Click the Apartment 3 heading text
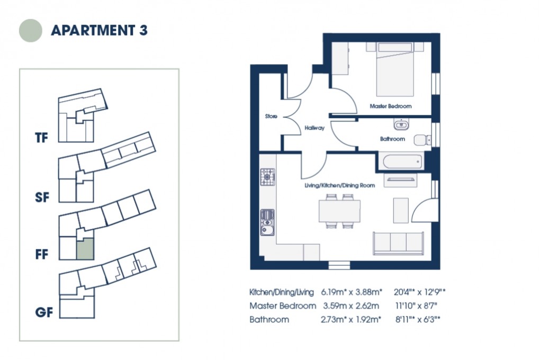click(x=99, y=30)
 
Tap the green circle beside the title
click(x=31, y=30)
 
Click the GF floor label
click(x=44, y=312)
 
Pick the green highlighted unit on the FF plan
click(x=85, y=248)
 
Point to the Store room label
click(x=272, y=116)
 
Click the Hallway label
click(x=314, y=128)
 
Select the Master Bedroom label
click(x=390, y=106)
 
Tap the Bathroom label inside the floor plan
click(x=392, y=139)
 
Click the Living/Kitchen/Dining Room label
click(x=339, y=186)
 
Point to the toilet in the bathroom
click(x=421, y=139)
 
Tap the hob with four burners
click(x=267, y=177)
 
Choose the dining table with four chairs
click(x=339, y=211)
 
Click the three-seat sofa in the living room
click(x=399, y=242)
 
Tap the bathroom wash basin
click(x=401, y=125)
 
